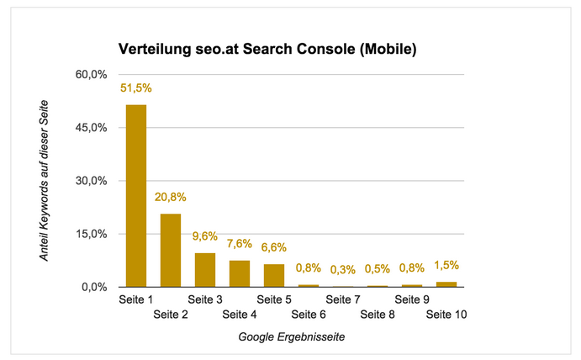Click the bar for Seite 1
pos(136,195)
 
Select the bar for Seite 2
pos(171,250)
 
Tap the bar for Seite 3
pos(205,269)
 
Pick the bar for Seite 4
pos(240,273)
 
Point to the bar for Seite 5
pos(274,275)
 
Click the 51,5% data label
pos(136,88)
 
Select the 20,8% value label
pos(171,198)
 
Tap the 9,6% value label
pos(205,237)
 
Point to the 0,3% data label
pos(343,270)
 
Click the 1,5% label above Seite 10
pos(446,266)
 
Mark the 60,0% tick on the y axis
pos(92,75)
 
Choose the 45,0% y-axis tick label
pos(92,128)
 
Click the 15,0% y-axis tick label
pos(92,234)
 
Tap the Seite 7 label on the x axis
pos(343,299)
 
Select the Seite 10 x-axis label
pos(446,315)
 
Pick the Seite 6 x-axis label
pos(309,315)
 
